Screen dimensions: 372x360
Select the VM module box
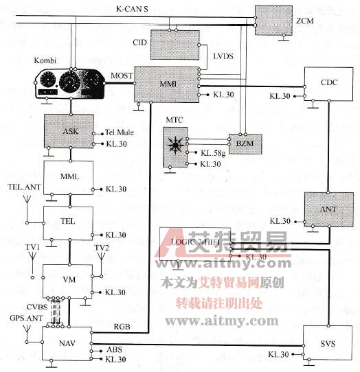click(67, 280)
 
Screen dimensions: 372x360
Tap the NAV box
click(67, 343)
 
